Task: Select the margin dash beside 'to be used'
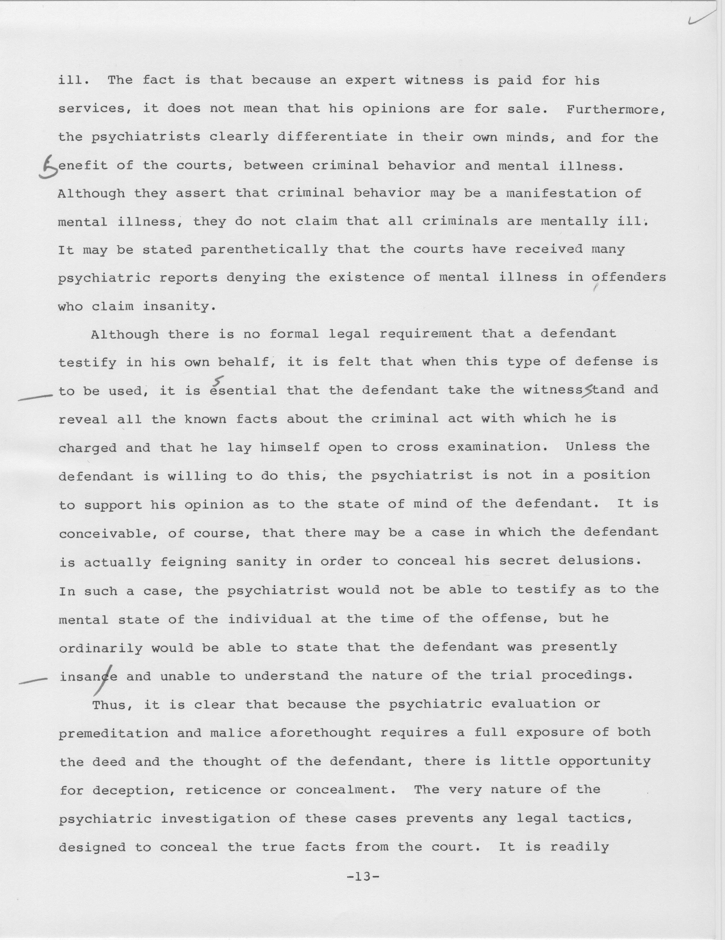pyautogui.click(x=35, y=397)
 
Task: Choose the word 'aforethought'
pyautogui.click(x=320, y=733)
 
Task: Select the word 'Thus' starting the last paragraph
pyautogui.click(x=109, y=705)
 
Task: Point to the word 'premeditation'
pyautogui.click(x=113, y=733)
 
